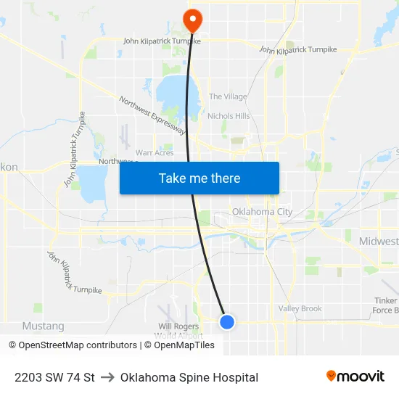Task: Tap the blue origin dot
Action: (x=227, y=321)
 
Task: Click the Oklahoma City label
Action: (x=262, y=212)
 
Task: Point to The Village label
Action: (x=228, y=96)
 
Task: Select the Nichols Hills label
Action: (x=229, y=116)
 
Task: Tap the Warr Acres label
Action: (x=155, y=153)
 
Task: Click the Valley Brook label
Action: (x=300, y=309)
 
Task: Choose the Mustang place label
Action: (x=44, y=326)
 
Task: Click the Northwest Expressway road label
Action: (x=152, y=116)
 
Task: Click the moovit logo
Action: (x=355, y=377)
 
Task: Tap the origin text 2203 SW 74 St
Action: (x=54, y=377)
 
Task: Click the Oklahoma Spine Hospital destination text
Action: (x=189, y=377)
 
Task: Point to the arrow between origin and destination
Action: (x=107, y=377)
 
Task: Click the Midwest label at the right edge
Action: (x=379, y=241)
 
